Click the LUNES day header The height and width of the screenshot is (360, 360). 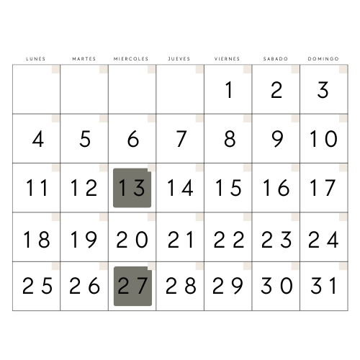click(x=36, y=59)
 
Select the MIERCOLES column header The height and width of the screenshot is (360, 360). click(x=131, y=59)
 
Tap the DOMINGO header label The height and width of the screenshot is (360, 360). click(x=323, y=59)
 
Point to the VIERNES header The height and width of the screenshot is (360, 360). click(x=227, y=59)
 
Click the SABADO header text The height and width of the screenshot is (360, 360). click(x=276, y=59)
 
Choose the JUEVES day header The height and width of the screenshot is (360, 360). click(x=179, y=59)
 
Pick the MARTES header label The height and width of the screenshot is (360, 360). click(x=84, y=59)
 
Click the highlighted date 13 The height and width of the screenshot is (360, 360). click(x=132, y=188)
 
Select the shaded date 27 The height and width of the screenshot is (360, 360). click(x=132, y=286)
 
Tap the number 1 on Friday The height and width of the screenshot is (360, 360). click(x=229, y=90)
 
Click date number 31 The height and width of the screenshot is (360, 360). click(x=324, y=286)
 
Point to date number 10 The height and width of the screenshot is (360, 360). click(x=324, y=139)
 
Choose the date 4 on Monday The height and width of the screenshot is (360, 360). click(x=38, y=139)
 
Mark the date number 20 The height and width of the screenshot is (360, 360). click(x=132, y=239)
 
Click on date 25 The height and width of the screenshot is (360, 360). click(x=37, y=286)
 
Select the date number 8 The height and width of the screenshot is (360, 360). click(x=230, y=139)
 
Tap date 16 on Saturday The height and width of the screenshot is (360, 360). click(x=276, y=188)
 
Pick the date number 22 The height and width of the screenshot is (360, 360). click(x=229, y=239)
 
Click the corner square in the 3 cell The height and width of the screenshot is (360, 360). click(x=343, y=69)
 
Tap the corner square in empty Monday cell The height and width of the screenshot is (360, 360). click(x=55, y=69)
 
